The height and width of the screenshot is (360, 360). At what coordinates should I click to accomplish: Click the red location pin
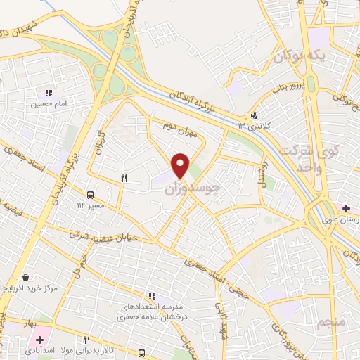click(x=181, y=165)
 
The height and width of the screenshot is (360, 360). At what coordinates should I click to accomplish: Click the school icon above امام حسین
click(x=49, y=92)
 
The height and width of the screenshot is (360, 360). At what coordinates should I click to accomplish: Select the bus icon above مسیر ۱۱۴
click(x=90, y=195)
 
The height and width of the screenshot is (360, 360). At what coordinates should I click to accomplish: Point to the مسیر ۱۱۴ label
click(x=90, y=205)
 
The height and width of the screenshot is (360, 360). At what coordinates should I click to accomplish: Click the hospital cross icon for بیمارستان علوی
click(x=346, y=209)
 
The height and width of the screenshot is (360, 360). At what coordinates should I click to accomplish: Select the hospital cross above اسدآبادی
click(x=40, y=340)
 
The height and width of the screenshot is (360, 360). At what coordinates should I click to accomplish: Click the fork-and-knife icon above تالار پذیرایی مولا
click(x=87, y=340)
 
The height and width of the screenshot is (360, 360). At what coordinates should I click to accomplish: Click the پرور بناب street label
click(x=290, y=86)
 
